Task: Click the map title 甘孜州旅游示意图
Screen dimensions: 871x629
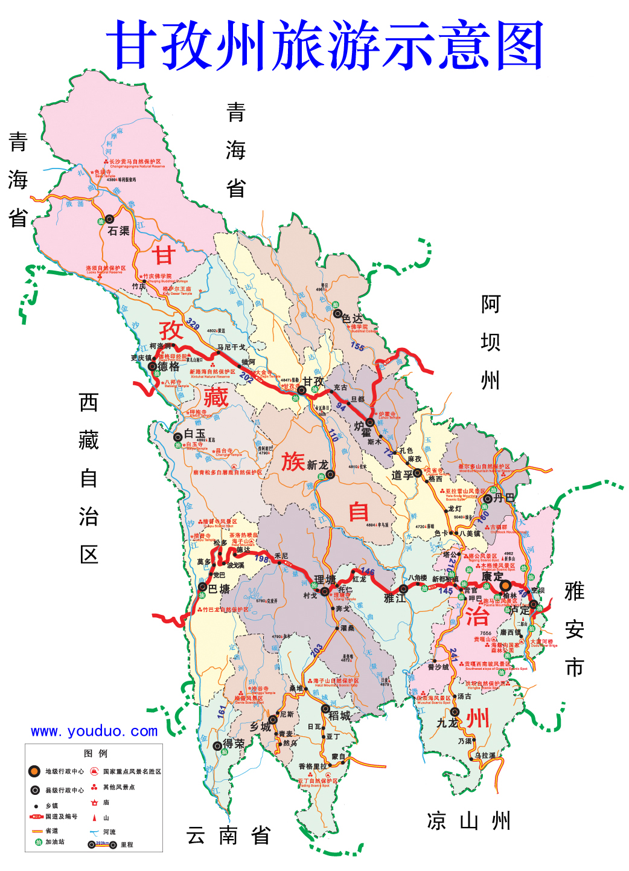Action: [x=325, y=45]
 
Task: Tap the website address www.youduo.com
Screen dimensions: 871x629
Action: [x=94, y=731]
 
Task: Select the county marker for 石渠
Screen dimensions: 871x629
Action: [x=110, y=219]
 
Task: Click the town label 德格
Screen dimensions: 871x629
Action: [x=168, y=367]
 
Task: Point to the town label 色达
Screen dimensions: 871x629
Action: [x=353, y=318]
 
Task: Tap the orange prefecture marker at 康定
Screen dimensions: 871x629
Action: [x=505, y=586]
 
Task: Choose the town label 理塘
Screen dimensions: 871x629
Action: [x=325, y=580]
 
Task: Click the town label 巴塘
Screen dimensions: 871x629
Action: [x=219, y=589]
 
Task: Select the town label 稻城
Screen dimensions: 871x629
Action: [x=339, y=716]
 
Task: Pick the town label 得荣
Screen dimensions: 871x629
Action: [x=234, y=744]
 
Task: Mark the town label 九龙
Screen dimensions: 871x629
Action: [x=447, y=722]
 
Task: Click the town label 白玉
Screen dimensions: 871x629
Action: [x=195, y=434]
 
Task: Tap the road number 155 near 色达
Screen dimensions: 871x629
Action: [x=357, y=347]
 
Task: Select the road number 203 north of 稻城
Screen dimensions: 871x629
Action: [x=316, y=651]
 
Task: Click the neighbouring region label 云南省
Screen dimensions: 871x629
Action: [x=228, y=836]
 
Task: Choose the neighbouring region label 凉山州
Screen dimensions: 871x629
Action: [x=468, y=821]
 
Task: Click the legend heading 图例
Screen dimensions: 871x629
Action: [x=95, y=753]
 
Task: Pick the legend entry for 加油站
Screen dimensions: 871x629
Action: [x=55, y=841]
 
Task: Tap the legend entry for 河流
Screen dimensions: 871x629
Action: [x=109, y=832]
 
